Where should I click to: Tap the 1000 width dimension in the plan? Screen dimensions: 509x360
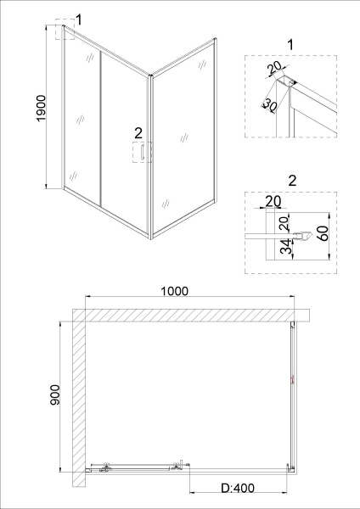173,290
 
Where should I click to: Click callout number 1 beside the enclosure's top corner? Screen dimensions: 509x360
79,20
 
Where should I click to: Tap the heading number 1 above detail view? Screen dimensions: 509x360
292,44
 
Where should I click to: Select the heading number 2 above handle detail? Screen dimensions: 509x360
292,181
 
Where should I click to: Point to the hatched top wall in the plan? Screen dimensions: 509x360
187,315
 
